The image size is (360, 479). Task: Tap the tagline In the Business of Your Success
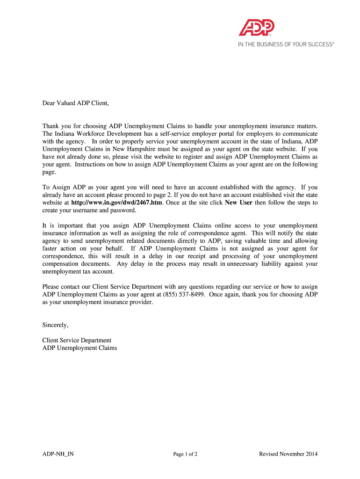tap(286, 44)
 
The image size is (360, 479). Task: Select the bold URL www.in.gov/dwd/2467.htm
tap(117, 203)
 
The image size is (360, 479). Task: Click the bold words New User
tap(238, 203)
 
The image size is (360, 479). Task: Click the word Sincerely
tap(55, 325)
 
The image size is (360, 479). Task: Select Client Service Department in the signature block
tap(77, 340)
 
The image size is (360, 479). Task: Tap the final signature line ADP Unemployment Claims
tap(79, 348)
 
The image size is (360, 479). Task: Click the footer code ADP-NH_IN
tap(58, 454)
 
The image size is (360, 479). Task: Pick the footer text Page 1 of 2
tap(185, 454)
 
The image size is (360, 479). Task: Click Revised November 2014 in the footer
tap(288, 454)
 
